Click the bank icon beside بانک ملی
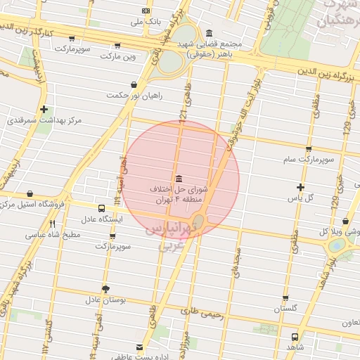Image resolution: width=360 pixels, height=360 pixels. (146, 11)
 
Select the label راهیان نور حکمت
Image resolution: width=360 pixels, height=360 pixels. (126, 94)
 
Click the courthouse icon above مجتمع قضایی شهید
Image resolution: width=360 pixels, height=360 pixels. (210, 33)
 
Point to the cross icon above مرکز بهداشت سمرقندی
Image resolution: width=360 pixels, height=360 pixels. (44, 109)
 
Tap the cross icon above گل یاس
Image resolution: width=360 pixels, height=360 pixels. (301, 187)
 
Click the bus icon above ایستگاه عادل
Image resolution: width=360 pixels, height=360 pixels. (102, 208)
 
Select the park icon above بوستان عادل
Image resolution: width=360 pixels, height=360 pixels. (106, 288)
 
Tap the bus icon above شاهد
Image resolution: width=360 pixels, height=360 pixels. (295, 336)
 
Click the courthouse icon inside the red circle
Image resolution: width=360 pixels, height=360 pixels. (178, 178)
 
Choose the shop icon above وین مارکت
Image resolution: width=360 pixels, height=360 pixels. (117, 45)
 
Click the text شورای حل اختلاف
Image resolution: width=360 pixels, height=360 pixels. (179, 190)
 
